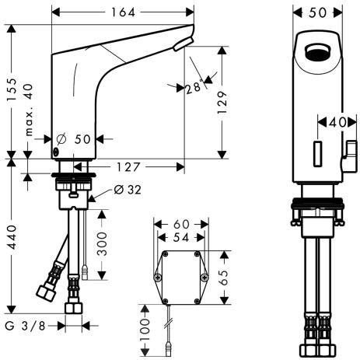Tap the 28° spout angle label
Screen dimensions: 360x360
[x=194, y=87]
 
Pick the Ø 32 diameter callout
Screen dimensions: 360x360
[x=128, y=189]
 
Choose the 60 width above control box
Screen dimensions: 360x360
[x=181, y=224]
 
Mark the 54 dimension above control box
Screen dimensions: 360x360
[x=181, y=236]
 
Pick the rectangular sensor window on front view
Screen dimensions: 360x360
[x=318, y=152]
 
